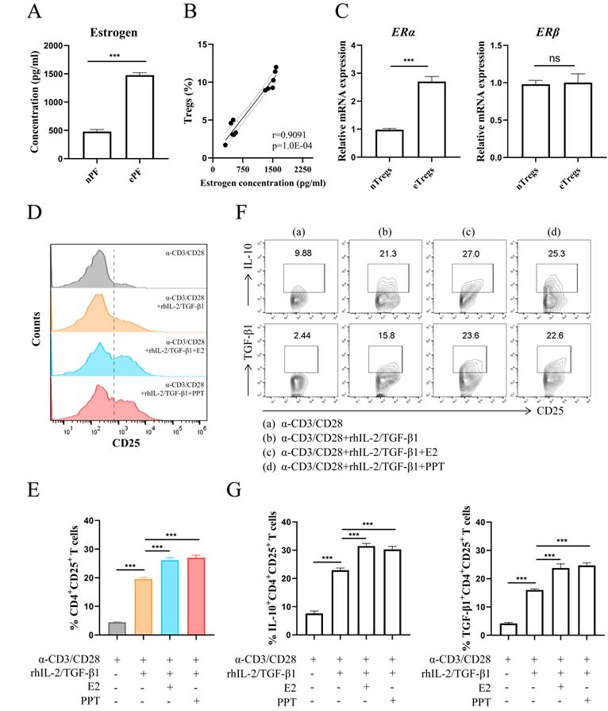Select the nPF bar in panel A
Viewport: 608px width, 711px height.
97,145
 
